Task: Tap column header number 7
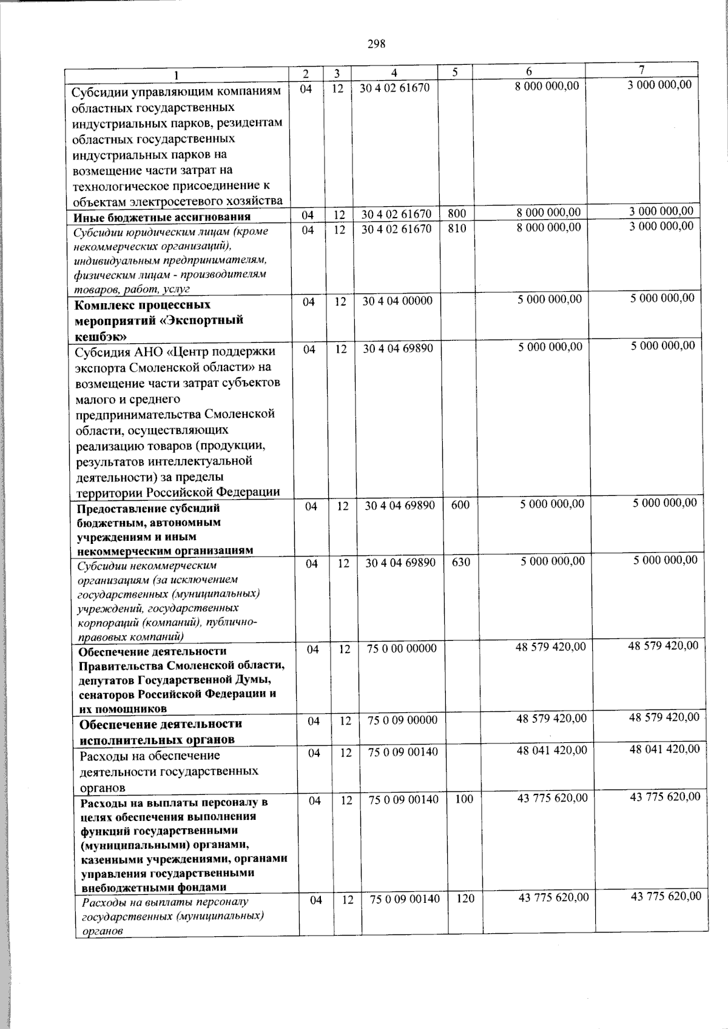[x=642, y=69]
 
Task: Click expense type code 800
[x=457, y=213]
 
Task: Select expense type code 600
[x=460, y=504]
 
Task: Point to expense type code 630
[x=461, y=563]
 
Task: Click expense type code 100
[x=463, y=800]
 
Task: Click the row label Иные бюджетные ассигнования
[x=162, y=217]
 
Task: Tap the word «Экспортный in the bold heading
[x=206, y=320]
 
